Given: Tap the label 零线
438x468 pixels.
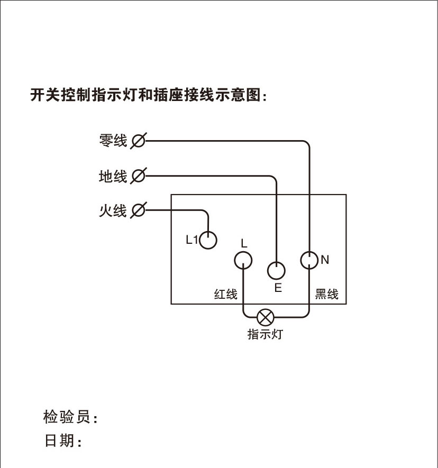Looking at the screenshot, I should point(113,141).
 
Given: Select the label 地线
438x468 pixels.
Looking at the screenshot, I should point(113,176).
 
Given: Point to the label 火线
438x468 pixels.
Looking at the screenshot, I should point(113,210).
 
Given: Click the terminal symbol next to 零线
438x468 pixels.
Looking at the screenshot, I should point(138,141).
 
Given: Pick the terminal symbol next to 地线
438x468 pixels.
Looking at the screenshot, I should point(138,176).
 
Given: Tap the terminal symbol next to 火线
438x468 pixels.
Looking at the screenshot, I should point(138,210).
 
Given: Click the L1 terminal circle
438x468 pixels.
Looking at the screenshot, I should point(208,240).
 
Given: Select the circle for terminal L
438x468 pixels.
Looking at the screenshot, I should point(243,260).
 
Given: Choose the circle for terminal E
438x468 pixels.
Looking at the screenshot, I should point(276,271).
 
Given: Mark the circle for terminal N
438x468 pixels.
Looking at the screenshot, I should point(309,260).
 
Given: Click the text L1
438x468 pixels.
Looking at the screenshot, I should point(191,240).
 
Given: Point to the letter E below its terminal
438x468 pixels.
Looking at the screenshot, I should point(278,288).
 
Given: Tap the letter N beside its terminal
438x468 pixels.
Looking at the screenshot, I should point(325,260).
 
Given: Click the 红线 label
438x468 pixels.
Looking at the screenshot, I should point(226,294).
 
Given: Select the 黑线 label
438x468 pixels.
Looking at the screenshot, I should point(326,294).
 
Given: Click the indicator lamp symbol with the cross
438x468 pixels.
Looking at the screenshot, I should point(264,318).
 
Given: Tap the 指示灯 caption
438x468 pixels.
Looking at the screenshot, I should point(264,334).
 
